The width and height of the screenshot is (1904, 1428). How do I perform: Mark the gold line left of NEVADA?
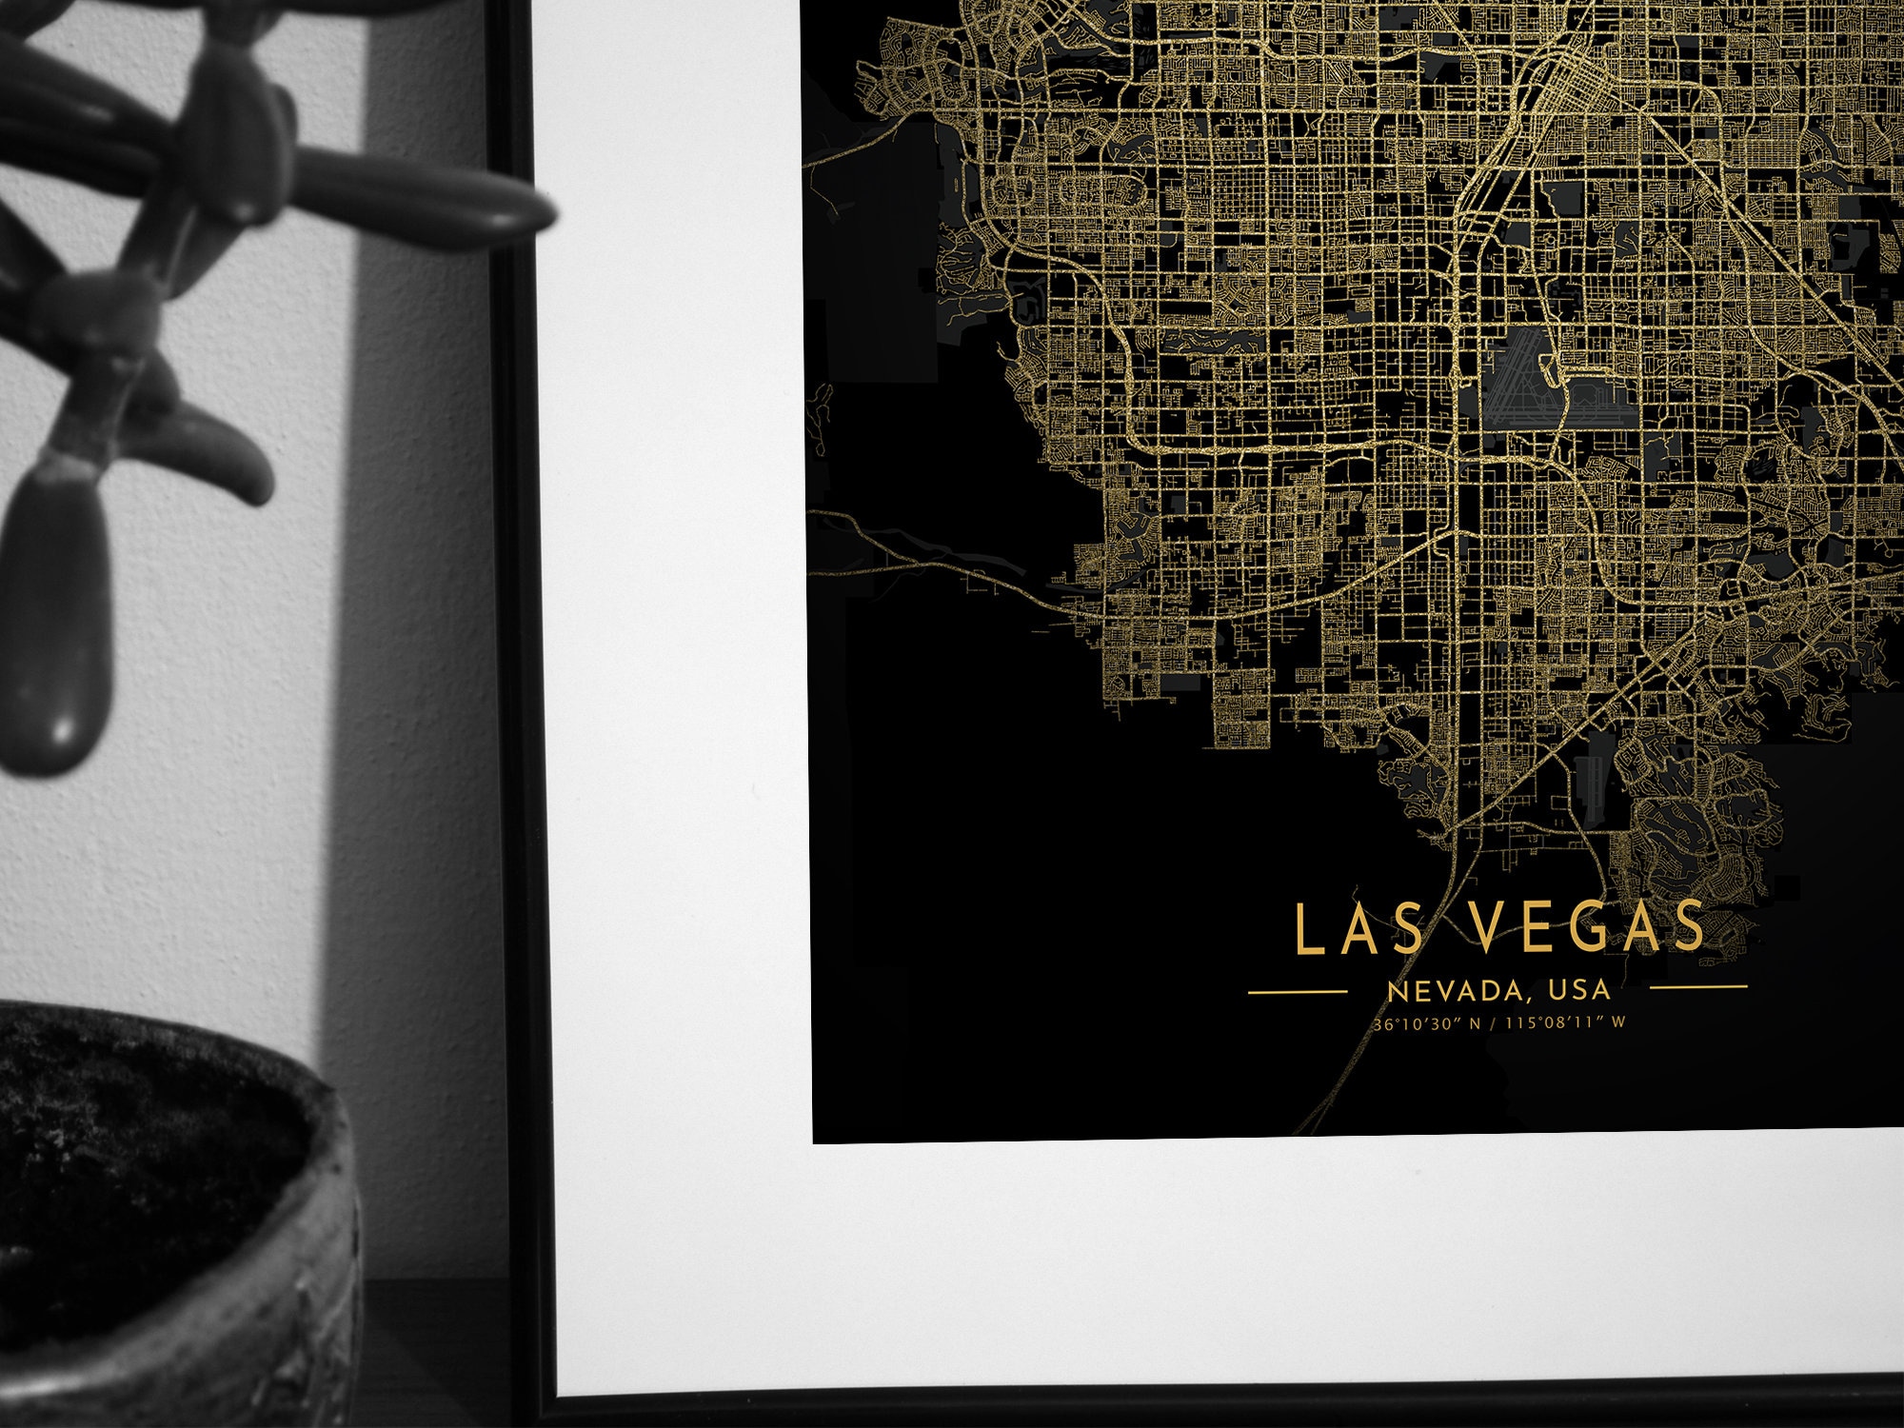(x=1297, y=992)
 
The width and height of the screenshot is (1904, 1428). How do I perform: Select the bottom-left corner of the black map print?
(x=815, y=1140)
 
